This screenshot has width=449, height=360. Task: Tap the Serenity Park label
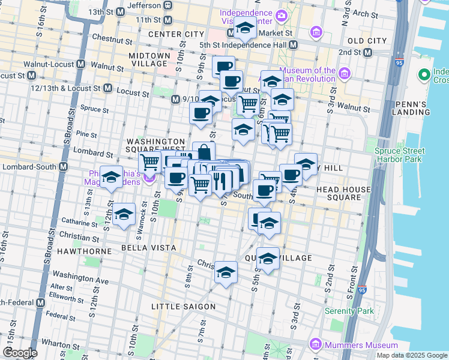point(349,311)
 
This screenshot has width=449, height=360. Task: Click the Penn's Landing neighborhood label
point(410,108)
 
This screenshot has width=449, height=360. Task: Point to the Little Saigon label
point(183,307)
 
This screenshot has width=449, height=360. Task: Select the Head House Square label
point(344,194)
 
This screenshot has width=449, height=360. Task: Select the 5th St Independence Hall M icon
point(294,45)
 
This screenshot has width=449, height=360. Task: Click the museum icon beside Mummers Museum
point(315,345)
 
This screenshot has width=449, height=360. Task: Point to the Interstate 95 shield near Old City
point(400,61)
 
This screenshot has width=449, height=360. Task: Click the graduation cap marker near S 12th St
point(111,178)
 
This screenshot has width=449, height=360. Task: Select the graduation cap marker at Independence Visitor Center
point(245,28)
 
